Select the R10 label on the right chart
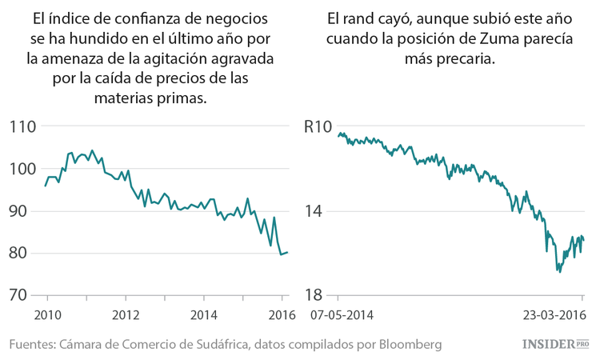tap(318, 126)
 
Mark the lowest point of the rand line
tap(559, 272)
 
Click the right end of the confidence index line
tap(288, 252)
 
